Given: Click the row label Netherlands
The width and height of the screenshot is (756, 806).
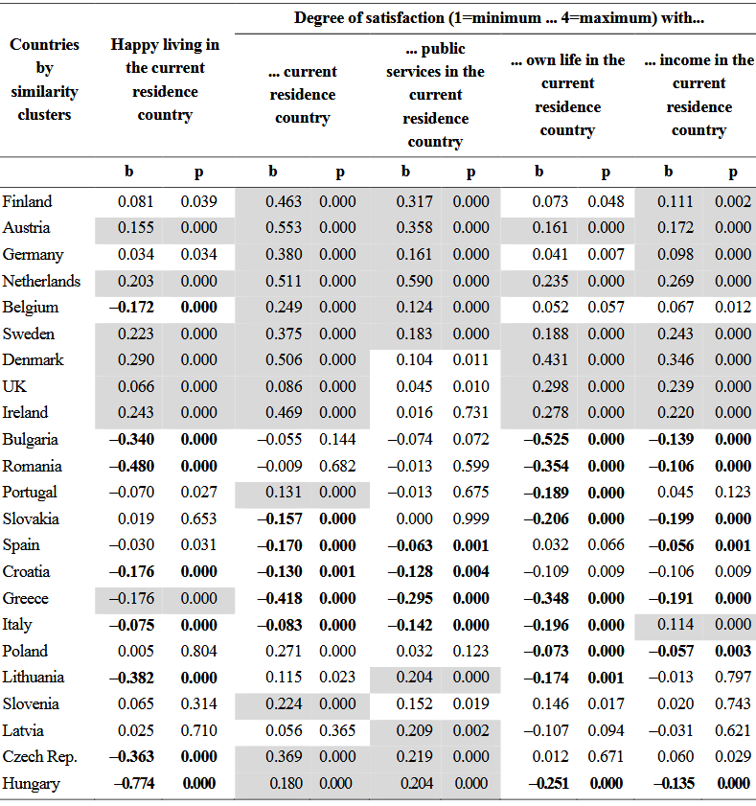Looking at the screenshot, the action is coord(41,281).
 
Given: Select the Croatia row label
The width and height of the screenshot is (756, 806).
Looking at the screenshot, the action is coord(26,571).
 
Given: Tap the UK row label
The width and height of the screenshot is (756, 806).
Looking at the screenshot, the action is coord(14,386).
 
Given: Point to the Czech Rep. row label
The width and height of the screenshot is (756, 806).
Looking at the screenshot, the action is coord(39,757).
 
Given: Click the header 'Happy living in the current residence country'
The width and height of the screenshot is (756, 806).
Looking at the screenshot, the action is coord(165,80).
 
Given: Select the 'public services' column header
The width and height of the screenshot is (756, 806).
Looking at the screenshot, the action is coord(435,95).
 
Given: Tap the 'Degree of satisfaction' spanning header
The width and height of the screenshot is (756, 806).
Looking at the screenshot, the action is coord(499,18).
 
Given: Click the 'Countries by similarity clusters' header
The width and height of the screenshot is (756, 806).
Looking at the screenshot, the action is coord(45,80).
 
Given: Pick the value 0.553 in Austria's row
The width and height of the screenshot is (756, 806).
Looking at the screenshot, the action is coord(284,228).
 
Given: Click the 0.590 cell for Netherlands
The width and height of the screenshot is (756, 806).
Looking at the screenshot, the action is coord(414,281).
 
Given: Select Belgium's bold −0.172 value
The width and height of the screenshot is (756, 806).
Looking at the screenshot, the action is coord(131,308).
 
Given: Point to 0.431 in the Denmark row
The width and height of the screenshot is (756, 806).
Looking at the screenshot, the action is coord(550,359).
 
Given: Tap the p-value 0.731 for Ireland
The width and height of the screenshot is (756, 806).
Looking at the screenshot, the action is coord(470,412).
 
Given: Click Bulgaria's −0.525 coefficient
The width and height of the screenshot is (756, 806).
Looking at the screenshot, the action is coord(546,440).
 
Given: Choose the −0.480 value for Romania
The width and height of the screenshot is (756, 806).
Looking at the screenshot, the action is coord(131,466).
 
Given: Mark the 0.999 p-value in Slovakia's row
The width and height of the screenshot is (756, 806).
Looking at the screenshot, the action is coord(470,518).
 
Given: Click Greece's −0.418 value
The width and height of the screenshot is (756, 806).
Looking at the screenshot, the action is coord(280,598).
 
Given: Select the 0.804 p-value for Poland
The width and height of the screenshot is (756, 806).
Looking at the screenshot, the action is coord(199,652).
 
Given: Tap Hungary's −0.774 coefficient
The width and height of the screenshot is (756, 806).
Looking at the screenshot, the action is coord(134,783).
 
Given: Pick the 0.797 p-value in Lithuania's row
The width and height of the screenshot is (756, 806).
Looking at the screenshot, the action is coord(733,677).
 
